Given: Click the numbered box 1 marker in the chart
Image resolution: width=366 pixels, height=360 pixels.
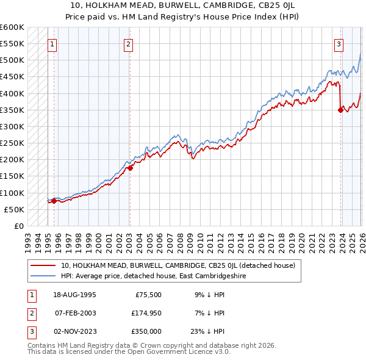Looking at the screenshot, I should pyautogui.click(x=53, y=43).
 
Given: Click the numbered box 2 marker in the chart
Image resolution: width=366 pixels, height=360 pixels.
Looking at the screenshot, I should pyautogui.click(x=129, y=43).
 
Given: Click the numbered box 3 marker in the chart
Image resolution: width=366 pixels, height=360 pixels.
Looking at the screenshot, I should pyautogui.click(x=339, y=43).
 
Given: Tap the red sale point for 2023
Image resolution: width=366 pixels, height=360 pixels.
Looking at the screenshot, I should pyautogui.click(x=340, y=110).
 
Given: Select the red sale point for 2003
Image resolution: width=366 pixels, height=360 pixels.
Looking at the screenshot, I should pyautogui.click(x=130, y=168).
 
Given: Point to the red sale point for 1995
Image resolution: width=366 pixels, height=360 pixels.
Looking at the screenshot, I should pyautogui.click(x=54, y=201).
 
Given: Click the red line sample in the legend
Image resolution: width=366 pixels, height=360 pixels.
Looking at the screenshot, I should pyautogui.click(x=43, y=265).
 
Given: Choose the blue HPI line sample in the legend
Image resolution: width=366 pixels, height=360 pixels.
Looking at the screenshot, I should pyautogui.click(x=43, y=276).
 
